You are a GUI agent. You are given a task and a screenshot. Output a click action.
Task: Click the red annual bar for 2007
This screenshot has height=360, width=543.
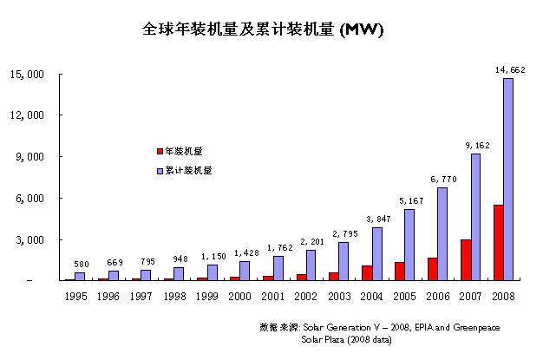coord(464,259)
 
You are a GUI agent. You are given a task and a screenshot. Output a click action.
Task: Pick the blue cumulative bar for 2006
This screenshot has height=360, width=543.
coord(442,233)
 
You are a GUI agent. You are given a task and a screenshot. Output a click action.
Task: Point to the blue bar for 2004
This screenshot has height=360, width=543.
coord(376,253)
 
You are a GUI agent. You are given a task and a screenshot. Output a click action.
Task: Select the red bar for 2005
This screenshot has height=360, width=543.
coord(398,271)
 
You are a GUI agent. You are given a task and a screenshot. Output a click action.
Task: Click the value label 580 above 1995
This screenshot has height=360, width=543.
coord(82,264)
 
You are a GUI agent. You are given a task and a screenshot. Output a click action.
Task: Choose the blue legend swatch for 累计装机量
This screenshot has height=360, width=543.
coord(160,171)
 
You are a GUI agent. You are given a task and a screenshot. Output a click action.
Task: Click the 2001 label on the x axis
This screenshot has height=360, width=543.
coord(271,297)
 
